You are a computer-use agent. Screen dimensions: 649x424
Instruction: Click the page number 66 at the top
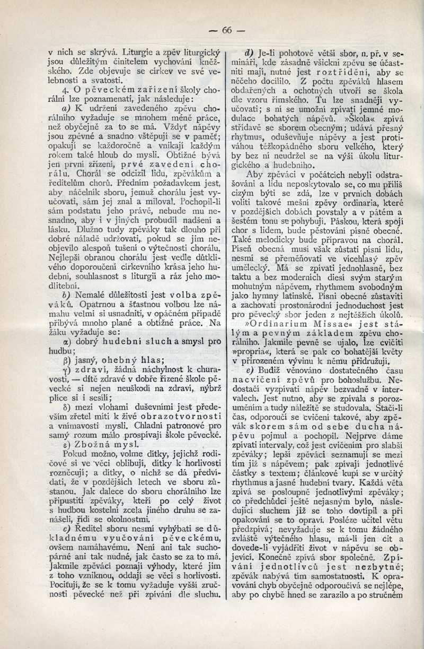click(227, 30)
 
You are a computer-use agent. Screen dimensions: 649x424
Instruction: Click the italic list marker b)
click(65, 293)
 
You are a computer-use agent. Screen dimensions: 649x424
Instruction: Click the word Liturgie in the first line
click(139, 53)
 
